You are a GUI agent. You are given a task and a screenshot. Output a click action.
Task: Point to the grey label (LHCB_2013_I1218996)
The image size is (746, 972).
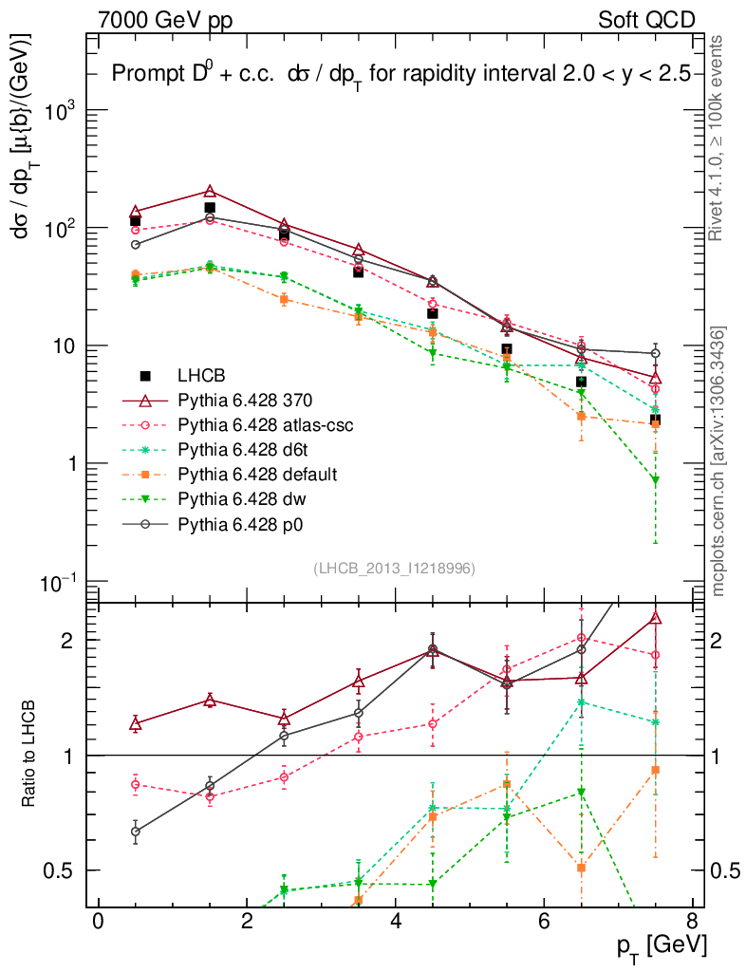tap(394, 568)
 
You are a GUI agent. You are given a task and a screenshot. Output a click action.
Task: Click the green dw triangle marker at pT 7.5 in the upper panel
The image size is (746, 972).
tap(655, 480)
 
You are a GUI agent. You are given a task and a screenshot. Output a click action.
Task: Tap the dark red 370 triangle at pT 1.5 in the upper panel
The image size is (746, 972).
tap(210, 192)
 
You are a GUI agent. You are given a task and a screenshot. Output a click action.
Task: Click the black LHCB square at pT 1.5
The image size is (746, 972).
tap(210, 207)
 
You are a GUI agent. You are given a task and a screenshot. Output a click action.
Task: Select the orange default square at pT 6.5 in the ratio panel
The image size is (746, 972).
tap(581, 868)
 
